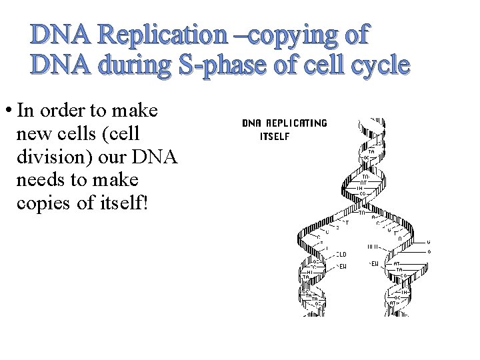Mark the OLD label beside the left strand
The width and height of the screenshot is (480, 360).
[x=341, y=254]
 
